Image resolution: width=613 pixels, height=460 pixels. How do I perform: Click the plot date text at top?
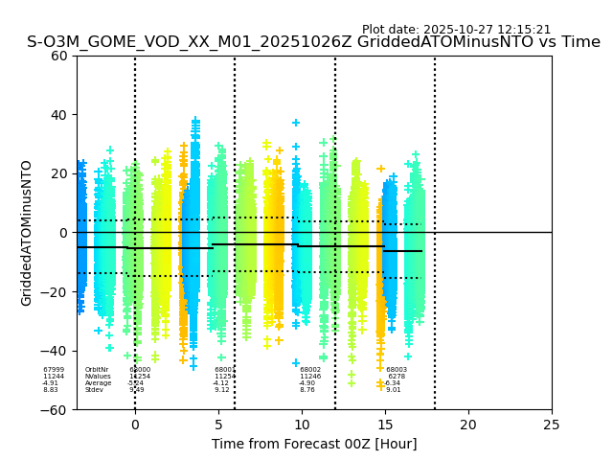(x=456, y=30)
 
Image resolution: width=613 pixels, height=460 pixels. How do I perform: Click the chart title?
(x=313, y=42)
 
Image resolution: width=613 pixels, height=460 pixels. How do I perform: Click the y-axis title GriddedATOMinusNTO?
(x=27, y=233)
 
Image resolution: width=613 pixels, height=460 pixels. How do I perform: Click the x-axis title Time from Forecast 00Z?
(x=314, y=444)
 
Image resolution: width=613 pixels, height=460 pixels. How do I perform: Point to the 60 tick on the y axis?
(x=60, y=56)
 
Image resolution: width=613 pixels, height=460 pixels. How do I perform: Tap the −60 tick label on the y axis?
(x=57, y=409)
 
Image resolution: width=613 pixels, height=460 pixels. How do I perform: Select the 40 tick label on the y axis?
(x=60, y=115)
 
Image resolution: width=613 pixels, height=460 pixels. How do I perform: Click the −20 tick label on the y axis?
(x=57, y=291)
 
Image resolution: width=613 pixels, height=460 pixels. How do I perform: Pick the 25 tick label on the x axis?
(x=552, y=424)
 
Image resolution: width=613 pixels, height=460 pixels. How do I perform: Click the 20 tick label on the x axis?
(x=468, y=424)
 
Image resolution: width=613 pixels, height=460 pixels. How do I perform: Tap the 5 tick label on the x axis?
(x=218, y=424)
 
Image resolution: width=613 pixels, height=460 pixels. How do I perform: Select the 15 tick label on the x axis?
(x=385, y=424)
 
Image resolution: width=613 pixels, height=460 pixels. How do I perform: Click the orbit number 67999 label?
(x=54, y=370)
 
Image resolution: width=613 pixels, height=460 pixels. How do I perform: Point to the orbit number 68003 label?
(x=397, y=370)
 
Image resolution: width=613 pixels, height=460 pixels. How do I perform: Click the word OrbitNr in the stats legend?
(x=97, y=370)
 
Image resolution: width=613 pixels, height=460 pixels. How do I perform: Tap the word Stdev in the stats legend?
(x=94, y=390)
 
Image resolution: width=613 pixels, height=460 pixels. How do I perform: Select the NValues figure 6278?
(x=396, y=377)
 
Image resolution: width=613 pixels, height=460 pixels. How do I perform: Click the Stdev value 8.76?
(x=307, y=390)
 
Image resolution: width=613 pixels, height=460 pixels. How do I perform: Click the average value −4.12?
(x=220, y=383)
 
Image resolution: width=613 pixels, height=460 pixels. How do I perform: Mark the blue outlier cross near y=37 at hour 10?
(x=296, y=123)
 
